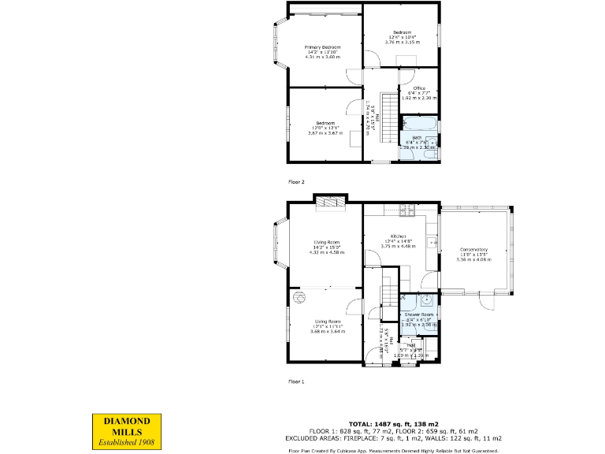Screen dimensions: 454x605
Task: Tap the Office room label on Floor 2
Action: tap(419, 88)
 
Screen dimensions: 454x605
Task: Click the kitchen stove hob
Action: tap(407, 210)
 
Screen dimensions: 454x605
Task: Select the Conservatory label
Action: tap(474, 250)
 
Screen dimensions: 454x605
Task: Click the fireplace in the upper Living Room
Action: tap(329, 203)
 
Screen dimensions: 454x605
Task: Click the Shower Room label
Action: tap(419, 314)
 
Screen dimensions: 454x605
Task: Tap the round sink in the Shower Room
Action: tap(426, 300)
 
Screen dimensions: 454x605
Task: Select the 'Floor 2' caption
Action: tap(295, 182)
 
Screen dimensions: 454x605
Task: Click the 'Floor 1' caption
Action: tap(295, 381)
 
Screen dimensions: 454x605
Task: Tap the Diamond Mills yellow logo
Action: tap(127, 431)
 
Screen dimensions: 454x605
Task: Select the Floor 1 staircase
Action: tap(388, 294)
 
